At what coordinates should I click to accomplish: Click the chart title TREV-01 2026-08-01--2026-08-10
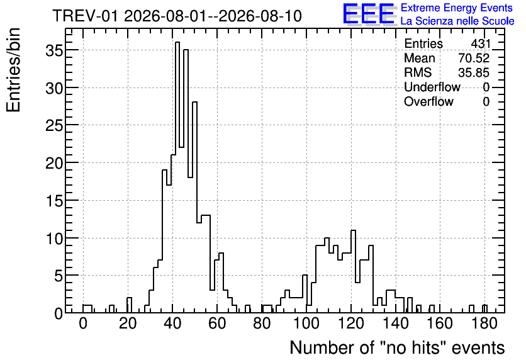click(177, 16)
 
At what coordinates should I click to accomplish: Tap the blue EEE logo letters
click(369, 14)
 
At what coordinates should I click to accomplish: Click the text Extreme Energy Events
click(457, 8)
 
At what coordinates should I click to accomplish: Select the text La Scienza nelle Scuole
click(457, 21)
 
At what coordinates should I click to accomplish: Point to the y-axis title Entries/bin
click(13, 70)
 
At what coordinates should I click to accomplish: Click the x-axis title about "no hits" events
click(397, 347)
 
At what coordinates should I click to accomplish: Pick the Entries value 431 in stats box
click(480, 43)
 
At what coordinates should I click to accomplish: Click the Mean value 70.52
click(474, 58)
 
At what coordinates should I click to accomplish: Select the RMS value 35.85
click(474, 72)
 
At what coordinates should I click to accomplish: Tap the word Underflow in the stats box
click(432, 87)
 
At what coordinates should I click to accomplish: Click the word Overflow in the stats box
click(428, 101)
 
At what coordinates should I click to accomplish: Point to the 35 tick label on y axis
click(54, 50)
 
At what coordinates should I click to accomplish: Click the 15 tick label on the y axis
click(54, 201)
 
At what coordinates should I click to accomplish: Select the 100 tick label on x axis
click(306, 323)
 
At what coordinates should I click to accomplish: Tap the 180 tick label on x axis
click(484, 323)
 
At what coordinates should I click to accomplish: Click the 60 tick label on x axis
click(217, 323)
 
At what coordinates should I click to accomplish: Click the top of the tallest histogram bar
click(177, 42)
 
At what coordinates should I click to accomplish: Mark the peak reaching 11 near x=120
click(353, 230)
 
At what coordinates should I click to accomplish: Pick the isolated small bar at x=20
click(129, 298)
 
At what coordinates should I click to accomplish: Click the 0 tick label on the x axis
click(83, 323)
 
